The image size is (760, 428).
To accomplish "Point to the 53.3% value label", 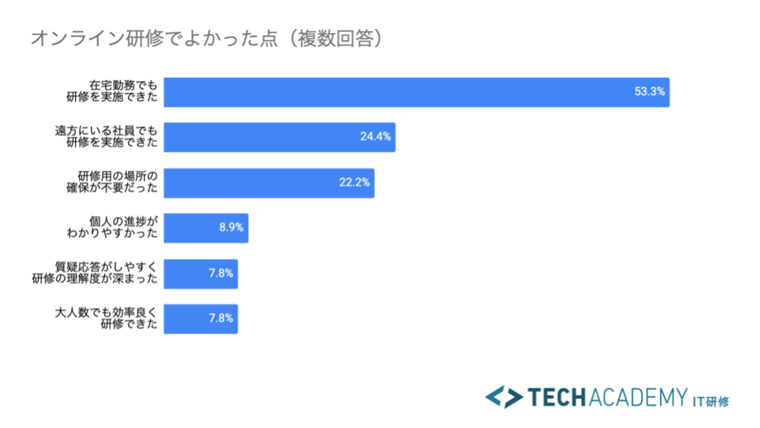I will coord(649,91).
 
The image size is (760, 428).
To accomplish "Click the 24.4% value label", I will coord(375,137).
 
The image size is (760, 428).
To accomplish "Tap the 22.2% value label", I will coord(354,183).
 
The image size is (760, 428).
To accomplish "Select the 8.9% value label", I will coord(231,228).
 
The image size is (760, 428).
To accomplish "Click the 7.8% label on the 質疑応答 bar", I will coord(221,274).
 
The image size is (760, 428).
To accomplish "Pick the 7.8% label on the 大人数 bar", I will coord(221,319).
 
